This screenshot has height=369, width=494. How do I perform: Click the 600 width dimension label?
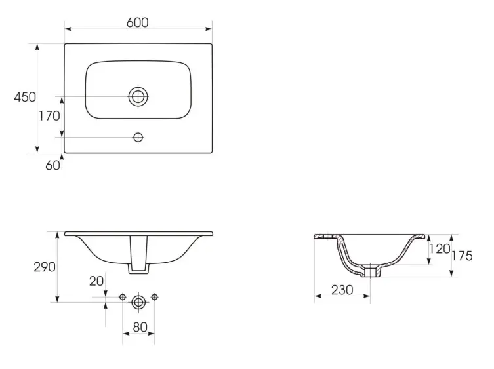(x=137, y=22)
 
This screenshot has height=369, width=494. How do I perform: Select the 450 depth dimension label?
(x=25, y=97)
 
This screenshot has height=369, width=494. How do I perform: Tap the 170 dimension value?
(x=49, y=116)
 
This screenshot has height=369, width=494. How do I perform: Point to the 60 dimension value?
(x=52, y=165)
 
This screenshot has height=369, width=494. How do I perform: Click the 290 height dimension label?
(x=45, y=267)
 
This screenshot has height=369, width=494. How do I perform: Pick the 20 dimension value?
(x=96, y=281)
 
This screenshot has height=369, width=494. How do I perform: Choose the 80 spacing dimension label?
(x=140, y=327)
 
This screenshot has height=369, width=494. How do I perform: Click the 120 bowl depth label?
(x=440, y=248)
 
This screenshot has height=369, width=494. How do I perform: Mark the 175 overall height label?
(x=462, y=256)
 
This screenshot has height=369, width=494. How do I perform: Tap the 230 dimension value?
(x=342, y=290)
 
